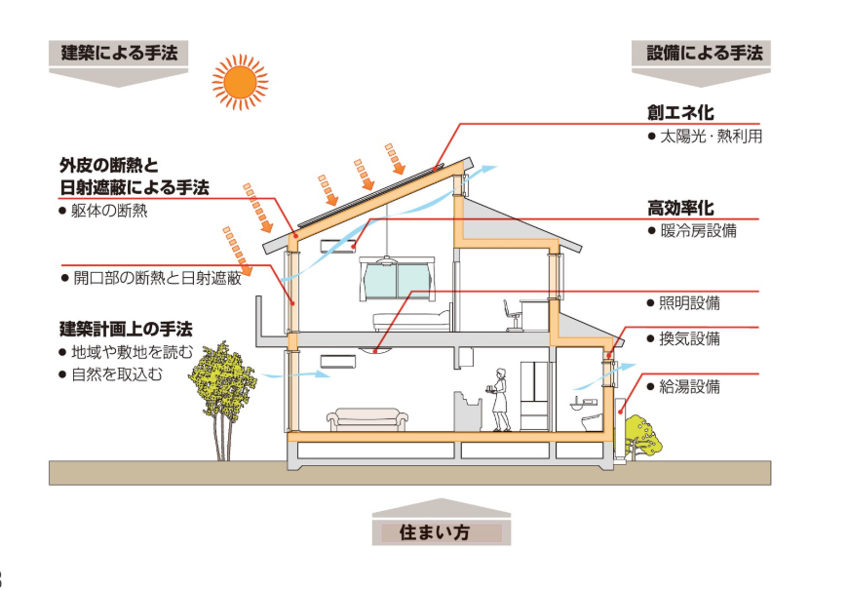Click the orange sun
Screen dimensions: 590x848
pos(240,81)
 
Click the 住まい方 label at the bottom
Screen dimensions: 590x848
pos(442,532)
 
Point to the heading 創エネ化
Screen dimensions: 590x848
pos(680,113)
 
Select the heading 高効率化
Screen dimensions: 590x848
pos(680,208)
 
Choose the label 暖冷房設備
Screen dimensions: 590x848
pos(698,231)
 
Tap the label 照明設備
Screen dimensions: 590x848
pos(689,303)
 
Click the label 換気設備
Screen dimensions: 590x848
pos(689,339)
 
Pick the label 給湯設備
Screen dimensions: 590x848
pos(689,386)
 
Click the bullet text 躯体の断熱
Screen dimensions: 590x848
pos(109,210)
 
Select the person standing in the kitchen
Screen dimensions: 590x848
pos(501,400)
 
